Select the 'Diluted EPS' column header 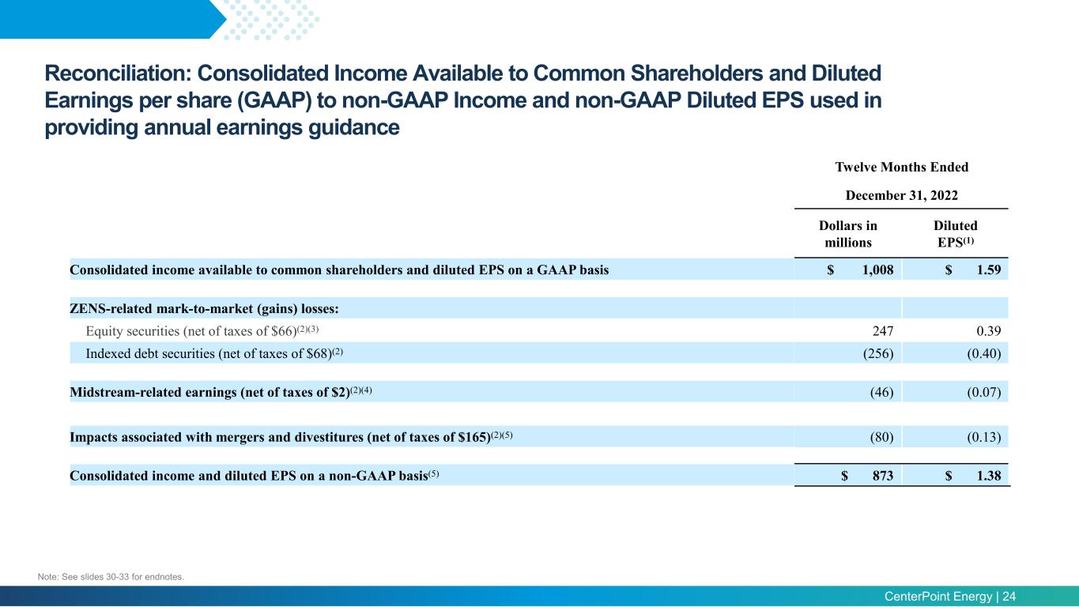click(956, 234)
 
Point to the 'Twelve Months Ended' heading click(901, 167)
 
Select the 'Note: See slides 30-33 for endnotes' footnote click(111, 577)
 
